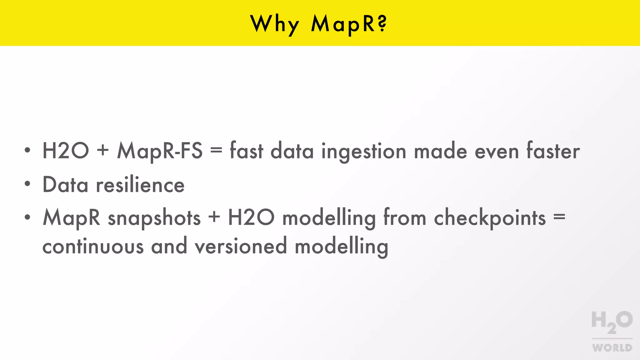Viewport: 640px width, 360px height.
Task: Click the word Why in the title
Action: coord(275,24)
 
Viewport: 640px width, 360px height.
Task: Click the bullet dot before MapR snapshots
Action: coord(27,217)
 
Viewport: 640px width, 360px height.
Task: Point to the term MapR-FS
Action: coord(160,151)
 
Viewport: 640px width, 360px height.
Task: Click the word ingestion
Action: coord(364,152)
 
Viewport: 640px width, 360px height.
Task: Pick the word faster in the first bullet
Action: coord(553,151)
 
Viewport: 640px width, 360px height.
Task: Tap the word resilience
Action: coord(140,184)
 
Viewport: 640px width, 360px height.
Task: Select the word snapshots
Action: coord(154,218)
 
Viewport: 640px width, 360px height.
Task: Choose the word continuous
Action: coord(93,246)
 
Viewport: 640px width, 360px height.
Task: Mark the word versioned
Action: coord(241,246)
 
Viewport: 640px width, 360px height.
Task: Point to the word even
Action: coord(497,152)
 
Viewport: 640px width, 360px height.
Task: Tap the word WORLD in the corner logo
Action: coord(612,348)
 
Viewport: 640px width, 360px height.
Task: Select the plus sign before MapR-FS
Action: coord(103,150)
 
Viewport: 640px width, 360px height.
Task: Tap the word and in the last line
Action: coord(169,246)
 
